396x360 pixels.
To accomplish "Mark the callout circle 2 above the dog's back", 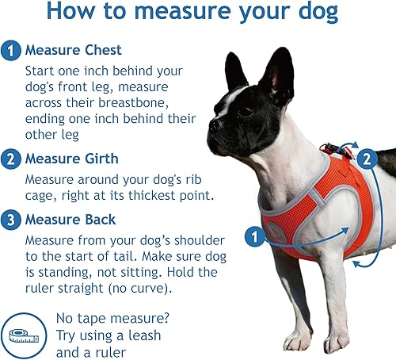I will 365,159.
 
